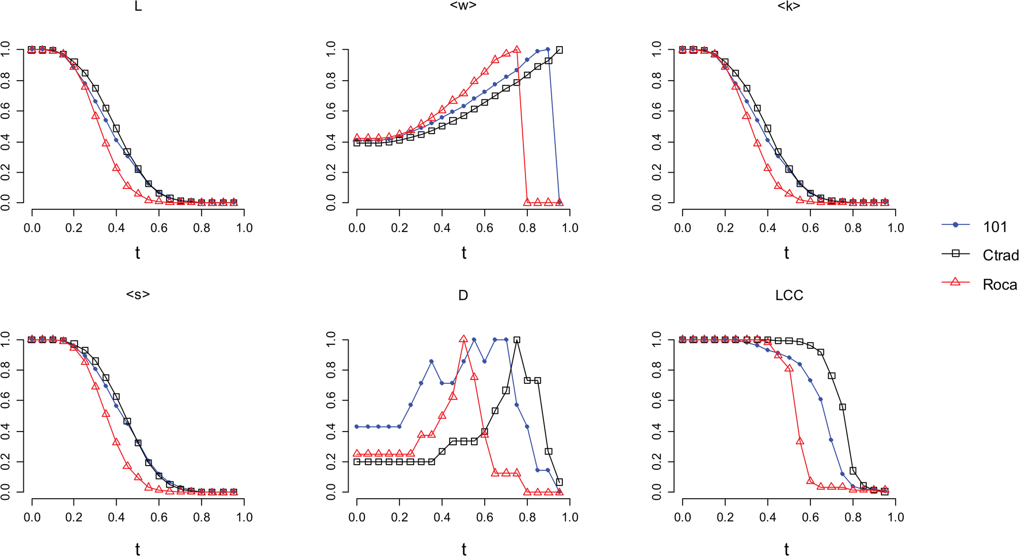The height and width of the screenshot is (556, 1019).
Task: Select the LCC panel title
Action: pyautogui.click(x=789, y=296)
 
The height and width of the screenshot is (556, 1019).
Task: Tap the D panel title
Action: pyautogui.click(x=463, y=296)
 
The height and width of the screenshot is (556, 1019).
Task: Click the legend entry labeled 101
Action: pyautogui.click(x=995, y=226)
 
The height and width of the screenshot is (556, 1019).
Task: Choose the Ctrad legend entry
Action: pyautogui.click(x=1000, y=255)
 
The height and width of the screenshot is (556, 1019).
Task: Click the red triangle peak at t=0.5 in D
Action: pyautogui.click(x=463, y=339)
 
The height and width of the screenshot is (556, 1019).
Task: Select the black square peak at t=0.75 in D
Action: pyautogui.click(x=517, y=340)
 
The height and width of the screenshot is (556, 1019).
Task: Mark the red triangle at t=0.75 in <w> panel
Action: pyautogui.click(x=517, y=50)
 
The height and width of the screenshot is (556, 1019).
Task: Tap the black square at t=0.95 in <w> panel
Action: pyautogui.click(x=559, y=50)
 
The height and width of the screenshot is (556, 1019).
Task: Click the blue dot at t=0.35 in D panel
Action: pyautogui.click(x=431, y=361)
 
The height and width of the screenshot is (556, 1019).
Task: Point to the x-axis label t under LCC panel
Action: pyautogui.click(x=786, y=549)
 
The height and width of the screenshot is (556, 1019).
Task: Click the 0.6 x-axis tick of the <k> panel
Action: pyautogui.click(x=810, y=227)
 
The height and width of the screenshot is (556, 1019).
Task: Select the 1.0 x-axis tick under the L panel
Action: pyautogui.click(x=244, y=227)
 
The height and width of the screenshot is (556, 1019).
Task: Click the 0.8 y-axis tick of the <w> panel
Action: pyautogui.click(x=331, y=80)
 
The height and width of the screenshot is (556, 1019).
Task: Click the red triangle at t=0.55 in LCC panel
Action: pyautogui.click(x=800, y=441)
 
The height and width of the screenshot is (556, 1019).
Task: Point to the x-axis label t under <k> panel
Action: pyautogui.click(x=786, y=252)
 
